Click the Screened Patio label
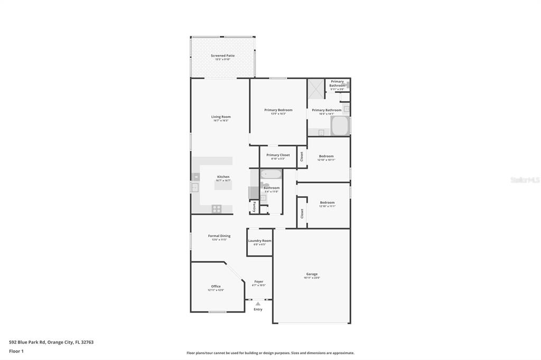(x=222, y=55)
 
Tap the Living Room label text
(x=221, y=117)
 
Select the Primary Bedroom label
(x=278, y=110)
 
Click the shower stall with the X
(x=316, y=88)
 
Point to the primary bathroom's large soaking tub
(x=340, y=126)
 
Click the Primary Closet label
(x=278, y=155)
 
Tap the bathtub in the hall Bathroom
(x=271, y=174)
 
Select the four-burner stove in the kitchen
(x=217, y=209)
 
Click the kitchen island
(x=223, y=184)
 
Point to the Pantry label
(x=254, y=206)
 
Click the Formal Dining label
(x=219, y=236)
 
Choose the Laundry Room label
(x=259, y=241)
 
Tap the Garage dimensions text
(x=312, y=278)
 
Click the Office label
(x=216, y=286)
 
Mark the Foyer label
(x=258, y=281)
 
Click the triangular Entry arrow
(x=258, y=304)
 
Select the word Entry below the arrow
(x=258, y=309)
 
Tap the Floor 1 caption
(x=15, y=350)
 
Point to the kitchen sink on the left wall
(x=194, y=187)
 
